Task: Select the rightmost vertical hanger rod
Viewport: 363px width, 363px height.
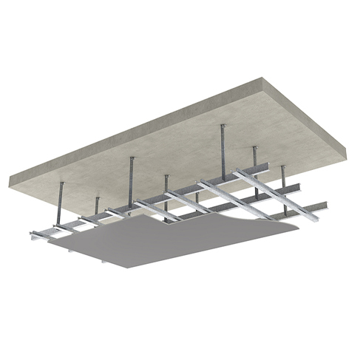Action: tap(283, 182)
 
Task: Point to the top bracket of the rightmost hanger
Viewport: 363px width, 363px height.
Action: tap(282, 167)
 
